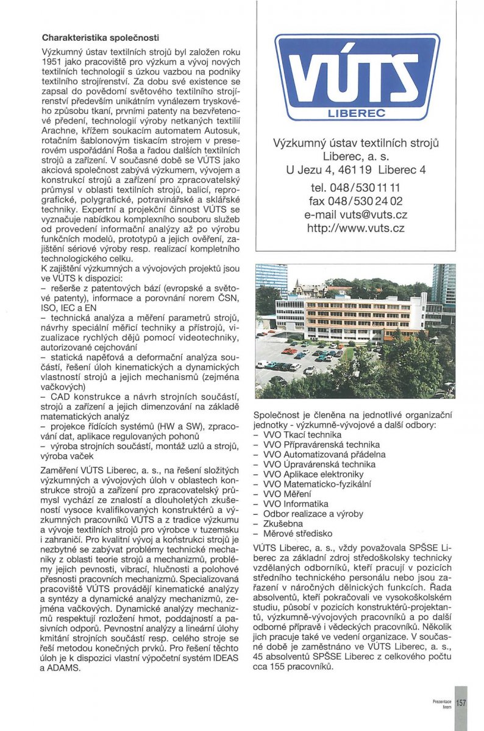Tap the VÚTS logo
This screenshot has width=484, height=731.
357,76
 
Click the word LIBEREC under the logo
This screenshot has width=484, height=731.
357,113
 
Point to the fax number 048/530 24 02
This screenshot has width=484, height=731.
356,201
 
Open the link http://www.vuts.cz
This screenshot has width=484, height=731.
356,229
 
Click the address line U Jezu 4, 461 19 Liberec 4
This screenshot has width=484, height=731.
356,170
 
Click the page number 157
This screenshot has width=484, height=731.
461,703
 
